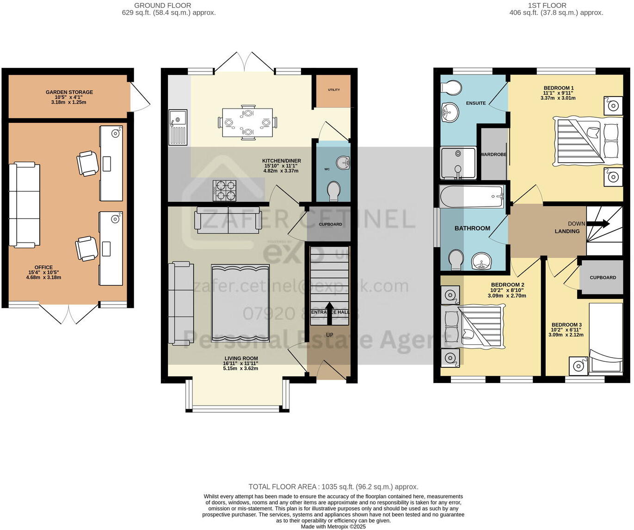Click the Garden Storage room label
[x=69, y=92]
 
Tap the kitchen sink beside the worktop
[x=178, y=127]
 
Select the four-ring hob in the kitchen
[x=224, y=191]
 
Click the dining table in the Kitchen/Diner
[x=247, y=122]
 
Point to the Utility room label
[x=334, y=90]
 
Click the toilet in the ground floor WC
[x=333, y=191]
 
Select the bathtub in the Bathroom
[x=472, y=197]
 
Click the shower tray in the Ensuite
[x=458, y=163]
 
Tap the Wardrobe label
[x=493, y=154]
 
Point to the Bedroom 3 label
[x=566, y=325]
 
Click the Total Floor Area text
[x=333, y=487]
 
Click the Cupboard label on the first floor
[x=603, y=278]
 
